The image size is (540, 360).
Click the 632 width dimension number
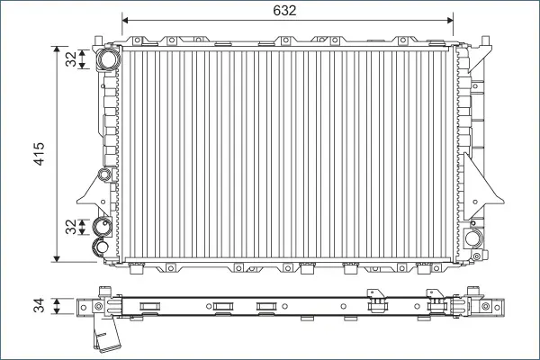[x=284, y=11]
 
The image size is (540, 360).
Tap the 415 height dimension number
[x=39, y=154]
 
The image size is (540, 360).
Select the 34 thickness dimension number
[x=39, y=306]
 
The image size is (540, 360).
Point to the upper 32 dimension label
[x=71, y=58]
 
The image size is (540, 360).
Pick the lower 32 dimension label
[x=71, y=227]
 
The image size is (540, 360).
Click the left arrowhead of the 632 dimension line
[x=125, y=21]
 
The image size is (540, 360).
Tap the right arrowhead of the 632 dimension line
[x=450, y=21]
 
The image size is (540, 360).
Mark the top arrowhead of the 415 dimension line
[x=58, y=49]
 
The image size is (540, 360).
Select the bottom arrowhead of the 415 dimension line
[x=58, y=258]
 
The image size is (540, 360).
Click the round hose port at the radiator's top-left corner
[x=108, y=58]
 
